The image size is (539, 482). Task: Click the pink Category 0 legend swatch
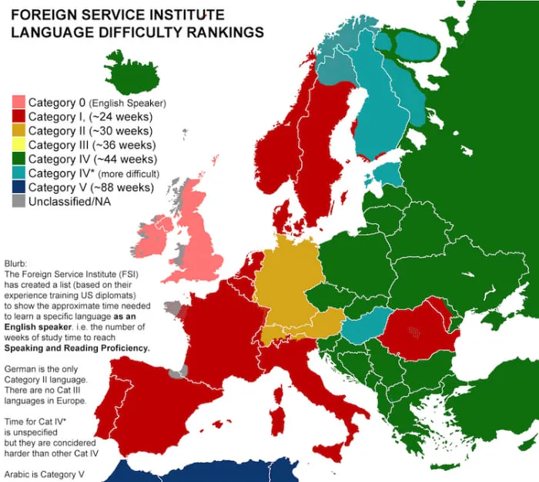tap(19, 103)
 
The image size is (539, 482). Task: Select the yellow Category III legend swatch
tap(19, 145)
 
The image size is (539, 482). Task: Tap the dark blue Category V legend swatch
tap(19, 187)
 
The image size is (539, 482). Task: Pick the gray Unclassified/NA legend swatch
tap(19, 201)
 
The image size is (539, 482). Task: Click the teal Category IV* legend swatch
tap(19, 174)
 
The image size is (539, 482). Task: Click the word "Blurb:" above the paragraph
tap(18, 263)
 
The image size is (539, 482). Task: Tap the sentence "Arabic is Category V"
tap(46, 474)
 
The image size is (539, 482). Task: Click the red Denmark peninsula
tap(284, 209)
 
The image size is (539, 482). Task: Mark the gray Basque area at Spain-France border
tap(178, 372)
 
